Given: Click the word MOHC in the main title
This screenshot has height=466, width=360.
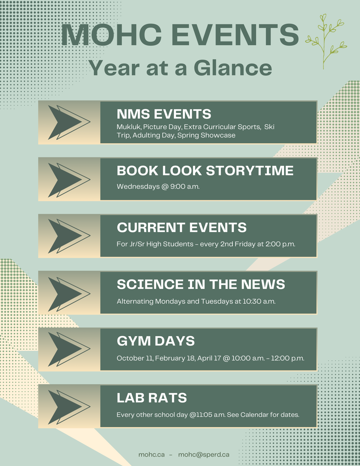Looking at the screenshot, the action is (x=111, y=35).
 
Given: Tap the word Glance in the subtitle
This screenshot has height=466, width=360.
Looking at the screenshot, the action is (x=233, y=68).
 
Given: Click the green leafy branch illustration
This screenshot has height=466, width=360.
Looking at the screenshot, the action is (x=326, y=41).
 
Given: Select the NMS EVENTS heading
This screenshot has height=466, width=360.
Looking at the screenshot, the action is (x=164, y=114).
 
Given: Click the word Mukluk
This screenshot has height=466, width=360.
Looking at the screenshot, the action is (x=129, y=127).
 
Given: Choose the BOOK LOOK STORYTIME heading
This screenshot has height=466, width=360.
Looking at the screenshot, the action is (x=205, y=171).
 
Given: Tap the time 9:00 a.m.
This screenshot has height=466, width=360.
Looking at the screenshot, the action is (x=185, y=186).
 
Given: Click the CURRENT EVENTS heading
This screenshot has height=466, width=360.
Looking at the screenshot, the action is (x=182, y=227).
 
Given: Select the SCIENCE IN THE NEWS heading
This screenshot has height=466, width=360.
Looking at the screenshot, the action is (x=201, y=284).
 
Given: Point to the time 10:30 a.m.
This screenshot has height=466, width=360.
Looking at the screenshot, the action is (x=259, y=301).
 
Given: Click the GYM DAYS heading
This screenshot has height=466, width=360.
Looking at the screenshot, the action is (x=156, y=341).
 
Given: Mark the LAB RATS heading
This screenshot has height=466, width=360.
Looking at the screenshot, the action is (x=152, y=398).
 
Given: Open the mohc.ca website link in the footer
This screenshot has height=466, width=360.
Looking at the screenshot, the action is (x=152, y=455).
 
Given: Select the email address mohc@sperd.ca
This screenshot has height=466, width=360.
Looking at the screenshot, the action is (x=204, y=455).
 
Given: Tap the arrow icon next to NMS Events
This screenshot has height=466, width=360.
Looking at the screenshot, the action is (x=69, y=122).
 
